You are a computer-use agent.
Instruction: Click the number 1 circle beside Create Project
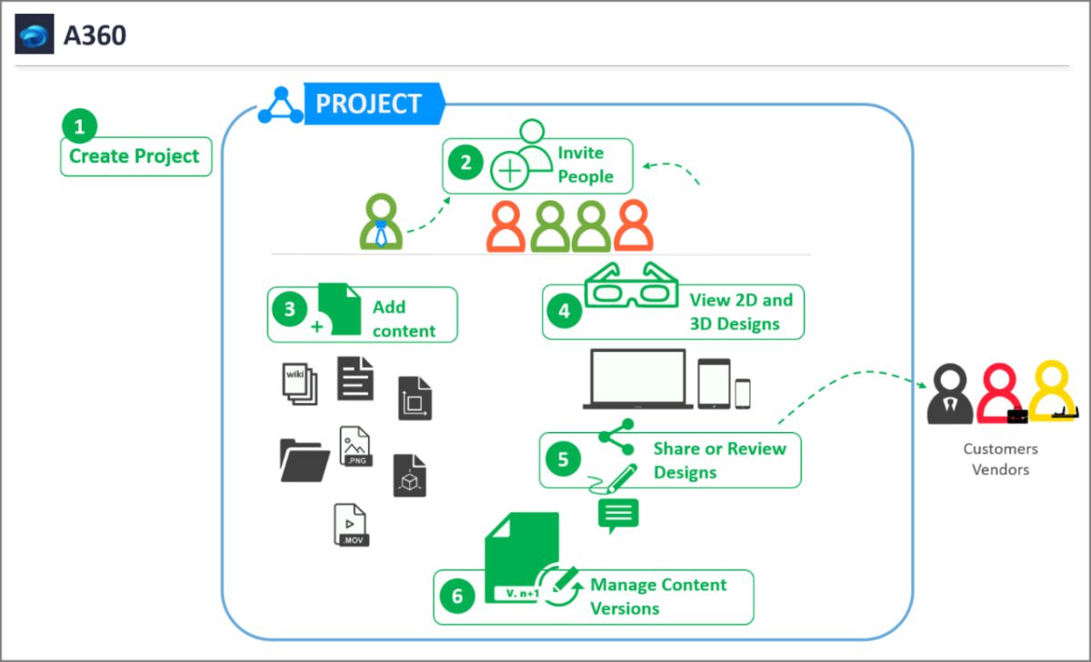point(79,127)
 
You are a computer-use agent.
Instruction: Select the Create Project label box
point(135,156)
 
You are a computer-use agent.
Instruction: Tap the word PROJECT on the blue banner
point(368,104)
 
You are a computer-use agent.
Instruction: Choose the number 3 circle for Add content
point(289,309)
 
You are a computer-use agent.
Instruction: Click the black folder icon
point(304,458)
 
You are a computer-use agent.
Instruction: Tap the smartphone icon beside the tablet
point(743,393)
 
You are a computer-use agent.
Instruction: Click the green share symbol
point(617,436)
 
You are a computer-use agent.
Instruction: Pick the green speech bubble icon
point(618,516)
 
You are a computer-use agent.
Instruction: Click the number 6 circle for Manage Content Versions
point(457,596)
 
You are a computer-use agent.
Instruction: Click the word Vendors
point(1000,470)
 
